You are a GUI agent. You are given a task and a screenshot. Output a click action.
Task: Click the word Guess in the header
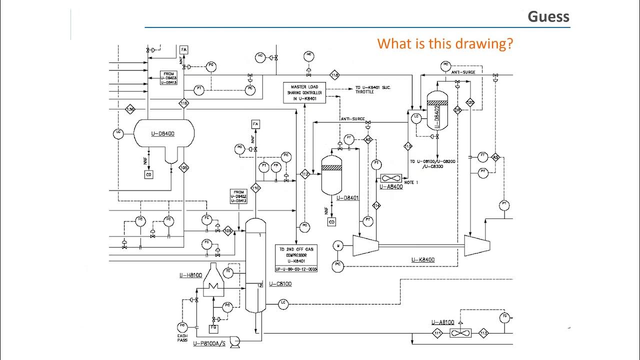point(548,16)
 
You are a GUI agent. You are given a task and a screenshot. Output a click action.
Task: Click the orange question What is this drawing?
point(445,43)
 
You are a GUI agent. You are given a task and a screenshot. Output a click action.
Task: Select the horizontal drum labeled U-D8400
point(163,133)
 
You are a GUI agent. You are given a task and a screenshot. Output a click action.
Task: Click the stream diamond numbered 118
point(334,75)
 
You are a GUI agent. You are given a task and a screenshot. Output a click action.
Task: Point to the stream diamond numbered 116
point(183,103)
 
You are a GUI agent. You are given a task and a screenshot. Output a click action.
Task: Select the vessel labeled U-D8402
point(437,110)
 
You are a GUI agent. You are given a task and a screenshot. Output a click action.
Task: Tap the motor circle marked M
point(338,245)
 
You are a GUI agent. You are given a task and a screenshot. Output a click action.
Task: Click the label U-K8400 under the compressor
point(423,259)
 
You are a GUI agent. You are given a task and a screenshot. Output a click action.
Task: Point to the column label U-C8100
point(280,284)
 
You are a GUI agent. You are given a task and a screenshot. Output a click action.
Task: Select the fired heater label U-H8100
point(190,275)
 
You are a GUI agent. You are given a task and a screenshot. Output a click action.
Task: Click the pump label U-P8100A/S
point(209,344)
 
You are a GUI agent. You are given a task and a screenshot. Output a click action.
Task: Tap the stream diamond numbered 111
point(438,333)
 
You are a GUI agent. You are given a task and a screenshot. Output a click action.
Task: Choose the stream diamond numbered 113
point(483,333)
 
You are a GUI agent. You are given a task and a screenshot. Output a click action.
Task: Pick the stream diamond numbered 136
point(130,109)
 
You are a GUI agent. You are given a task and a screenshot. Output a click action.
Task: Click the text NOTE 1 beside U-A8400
point(411,182)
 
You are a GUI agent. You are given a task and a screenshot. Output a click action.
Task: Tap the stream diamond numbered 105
point(183,167)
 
